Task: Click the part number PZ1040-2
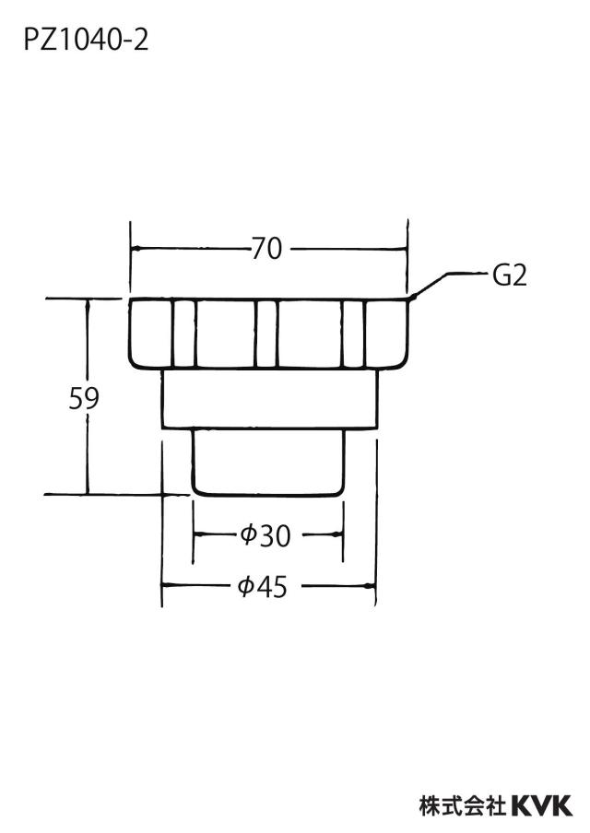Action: pos(86,41)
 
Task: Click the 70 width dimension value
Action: pos(266,249)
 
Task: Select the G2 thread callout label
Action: pos(510,276)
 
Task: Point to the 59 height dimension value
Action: pos(84,398)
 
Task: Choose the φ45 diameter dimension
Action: pos(263,586)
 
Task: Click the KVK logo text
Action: pos(541,806)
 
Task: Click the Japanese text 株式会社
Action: pos(463,806)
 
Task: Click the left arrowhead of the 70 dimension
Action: pos(136,249)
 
